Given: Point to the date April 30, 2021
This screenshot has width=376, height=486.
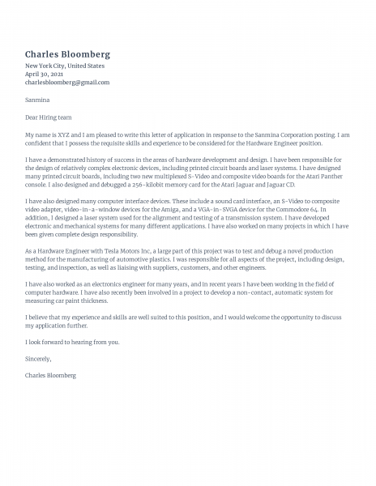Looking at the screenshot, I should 45,74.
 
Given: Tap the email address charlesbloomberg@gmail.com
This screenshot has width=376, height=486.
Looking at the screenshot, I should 66,82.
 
